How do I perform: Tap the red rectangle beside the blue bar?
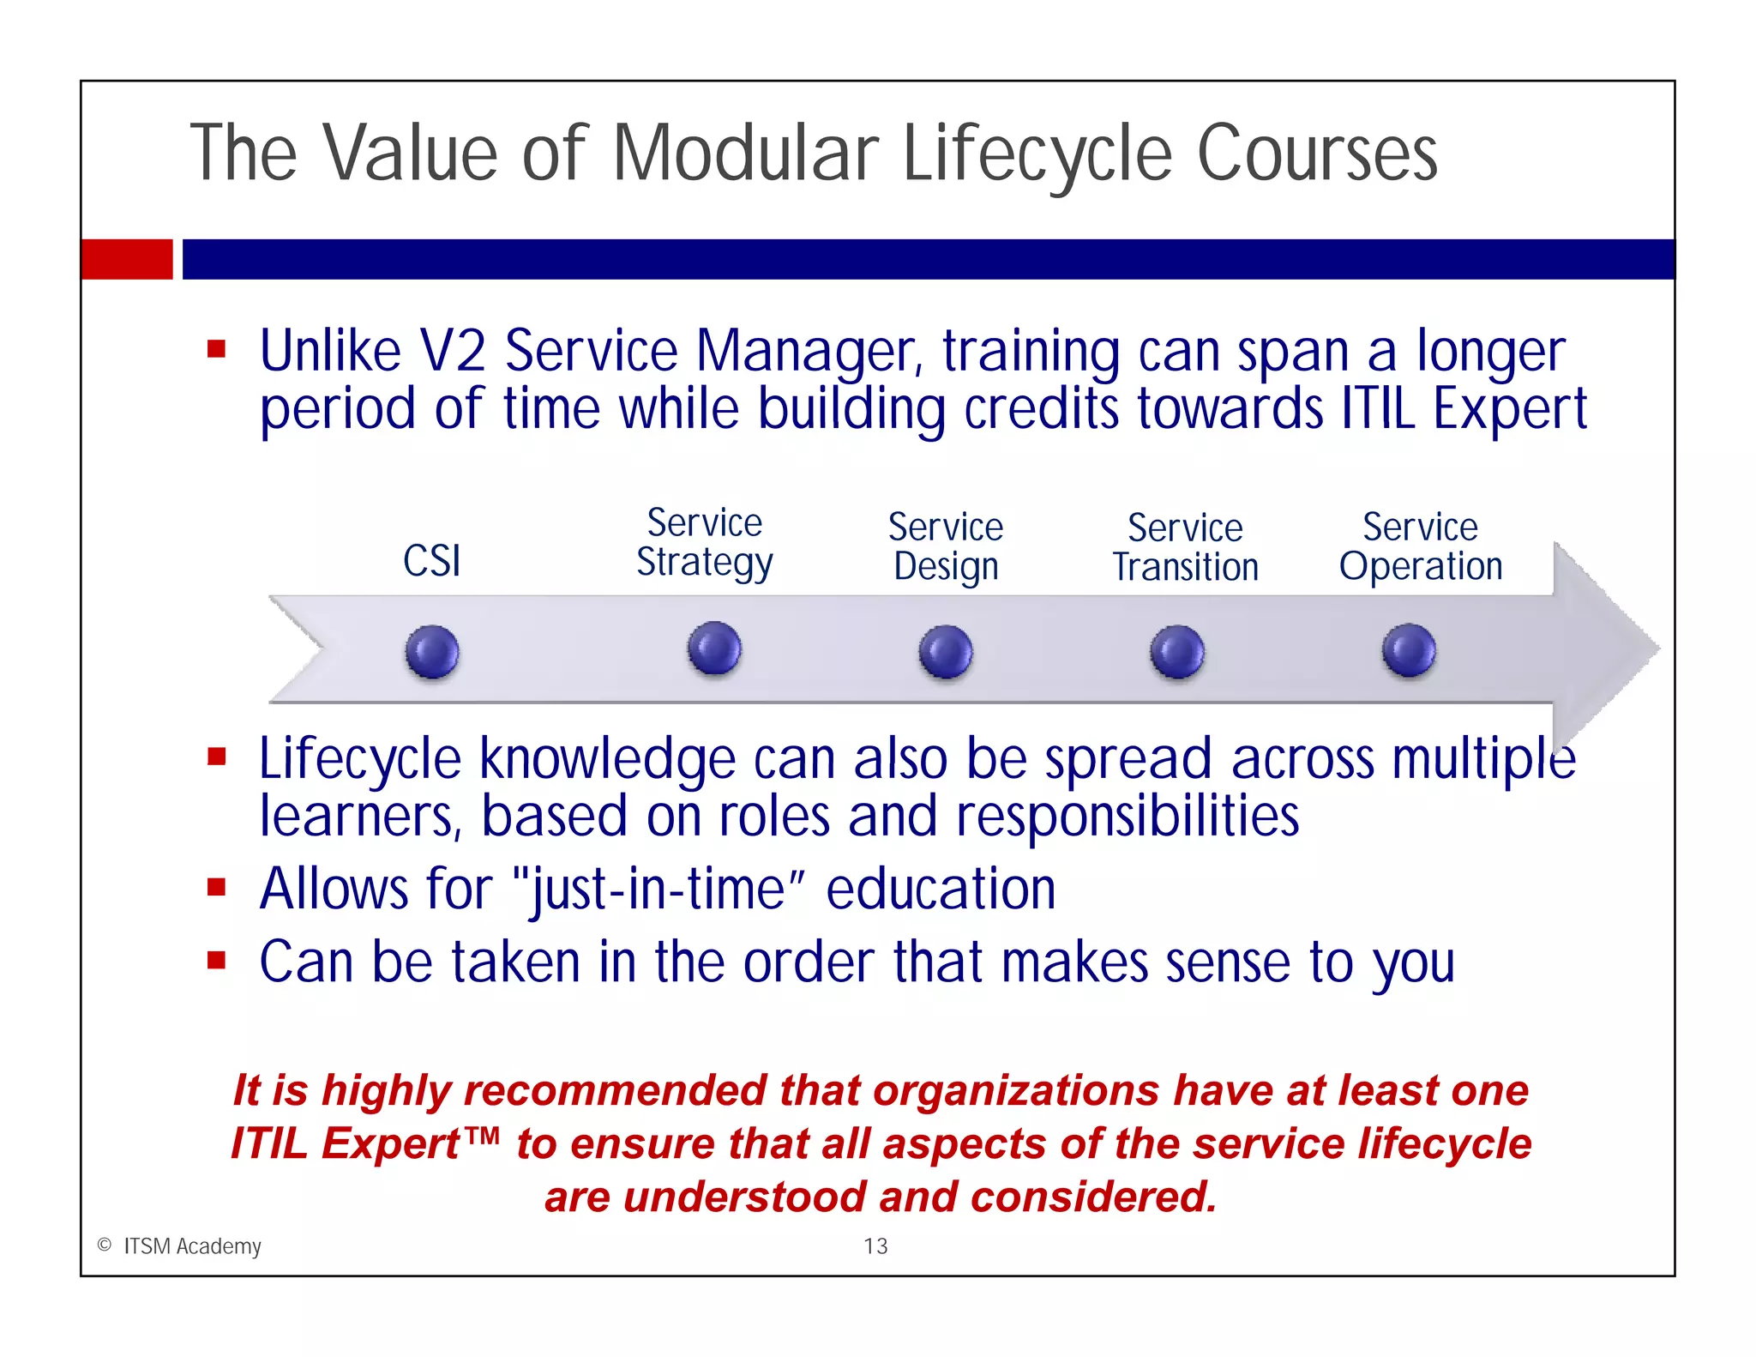pyautogui.click(x=127, y=259)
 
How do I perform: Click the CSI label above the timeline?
pyautogui.click(x=432, y=561)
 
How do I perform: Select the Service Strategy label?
pyautogui.click(x=705, y=543)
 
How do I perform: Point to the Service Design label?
pyautogui.click(x=946, y=546)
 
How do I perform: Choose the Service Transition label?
pyautogui.click(x=1186, y=547)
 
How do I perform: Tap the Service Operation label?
pyautogui.click(x=1421, y=546)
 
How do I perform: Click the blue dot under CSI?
pyautogui.click(x=432, y=652)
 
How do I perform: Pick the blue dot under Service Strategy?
pyautogui.click(x=714, y=648)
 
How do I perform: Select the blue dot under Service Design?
pyautogui.click(x=946, y=652)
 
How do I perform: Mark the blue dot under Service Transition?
pyautogui.click(x=1177, y=652)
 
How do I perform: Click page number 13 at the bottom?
pyautogui.click(x=875, y=1246)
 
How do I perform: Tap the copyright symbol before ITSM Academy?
pyautogui.click(x=105, y=1245)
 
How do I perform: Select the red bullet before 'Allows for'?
pyautogui.click(x=216, y=887)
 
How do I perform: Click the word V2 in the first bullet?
pyautogui.click(x=452, y=352)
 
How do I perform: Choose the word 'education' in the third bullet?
pyautogui.click(x=941, y=889)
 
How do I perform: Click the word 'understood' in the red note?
pyautogui.click(x=743, y=1197)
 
